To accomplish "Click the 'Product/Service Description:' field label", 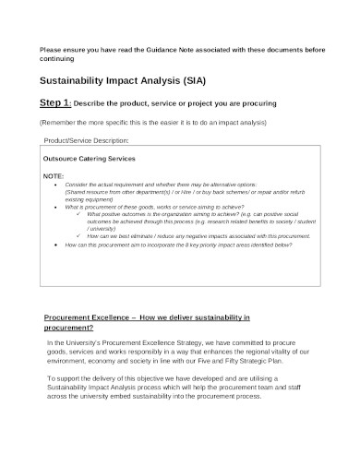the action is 87,140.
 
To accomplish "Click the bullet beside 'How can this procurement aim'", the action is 58,246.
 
